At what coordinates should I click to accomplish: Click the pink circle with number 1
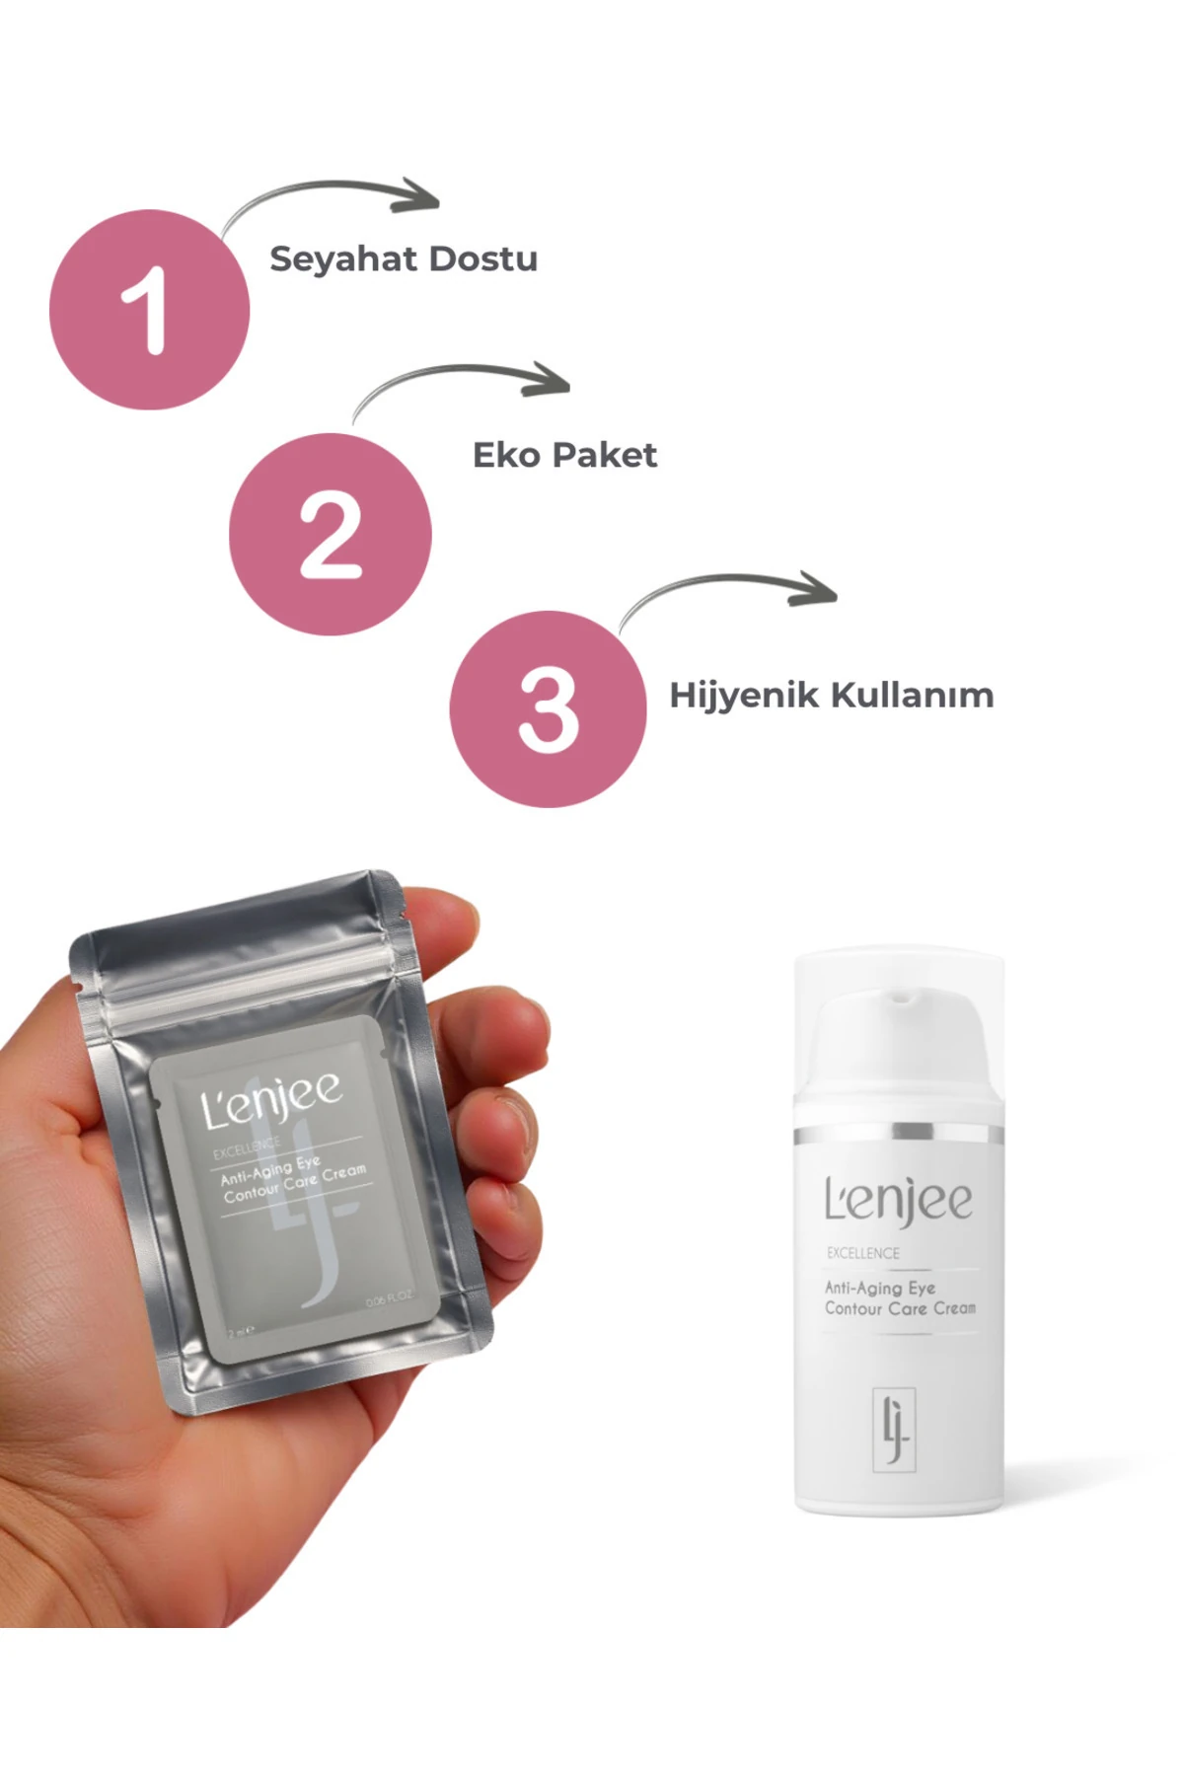tap(149, 310)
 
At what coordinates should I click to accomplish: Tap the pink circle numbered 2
tap(330, 534)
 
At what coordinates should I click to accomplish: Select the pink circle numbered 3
tap(548, 709)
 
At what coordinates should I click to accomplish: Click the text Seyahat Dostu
tap(404, 259)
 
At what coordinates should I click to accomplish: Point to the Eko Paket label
tap(564, 455)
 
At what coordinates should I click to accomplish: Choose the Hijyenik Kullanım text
tap(831, 695)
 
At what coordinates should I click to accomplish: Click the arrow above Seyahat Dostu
tap(335, 194)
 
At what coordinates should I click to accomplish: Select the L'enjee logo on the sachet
tap(272, 1098)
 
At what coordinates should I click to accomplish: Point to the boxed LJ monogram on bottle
tap(895, 1430)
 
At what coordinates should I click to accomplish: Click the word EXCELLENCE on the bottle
tap(863, 1253)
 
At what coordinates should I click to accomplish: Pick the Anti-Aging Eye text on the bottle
tap(880, 1288)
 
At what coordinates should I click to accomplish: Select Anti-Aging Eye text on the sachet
tap(270, 1169)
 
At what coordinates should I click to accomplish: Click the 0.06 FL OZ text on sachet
tap(389, 1299)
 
